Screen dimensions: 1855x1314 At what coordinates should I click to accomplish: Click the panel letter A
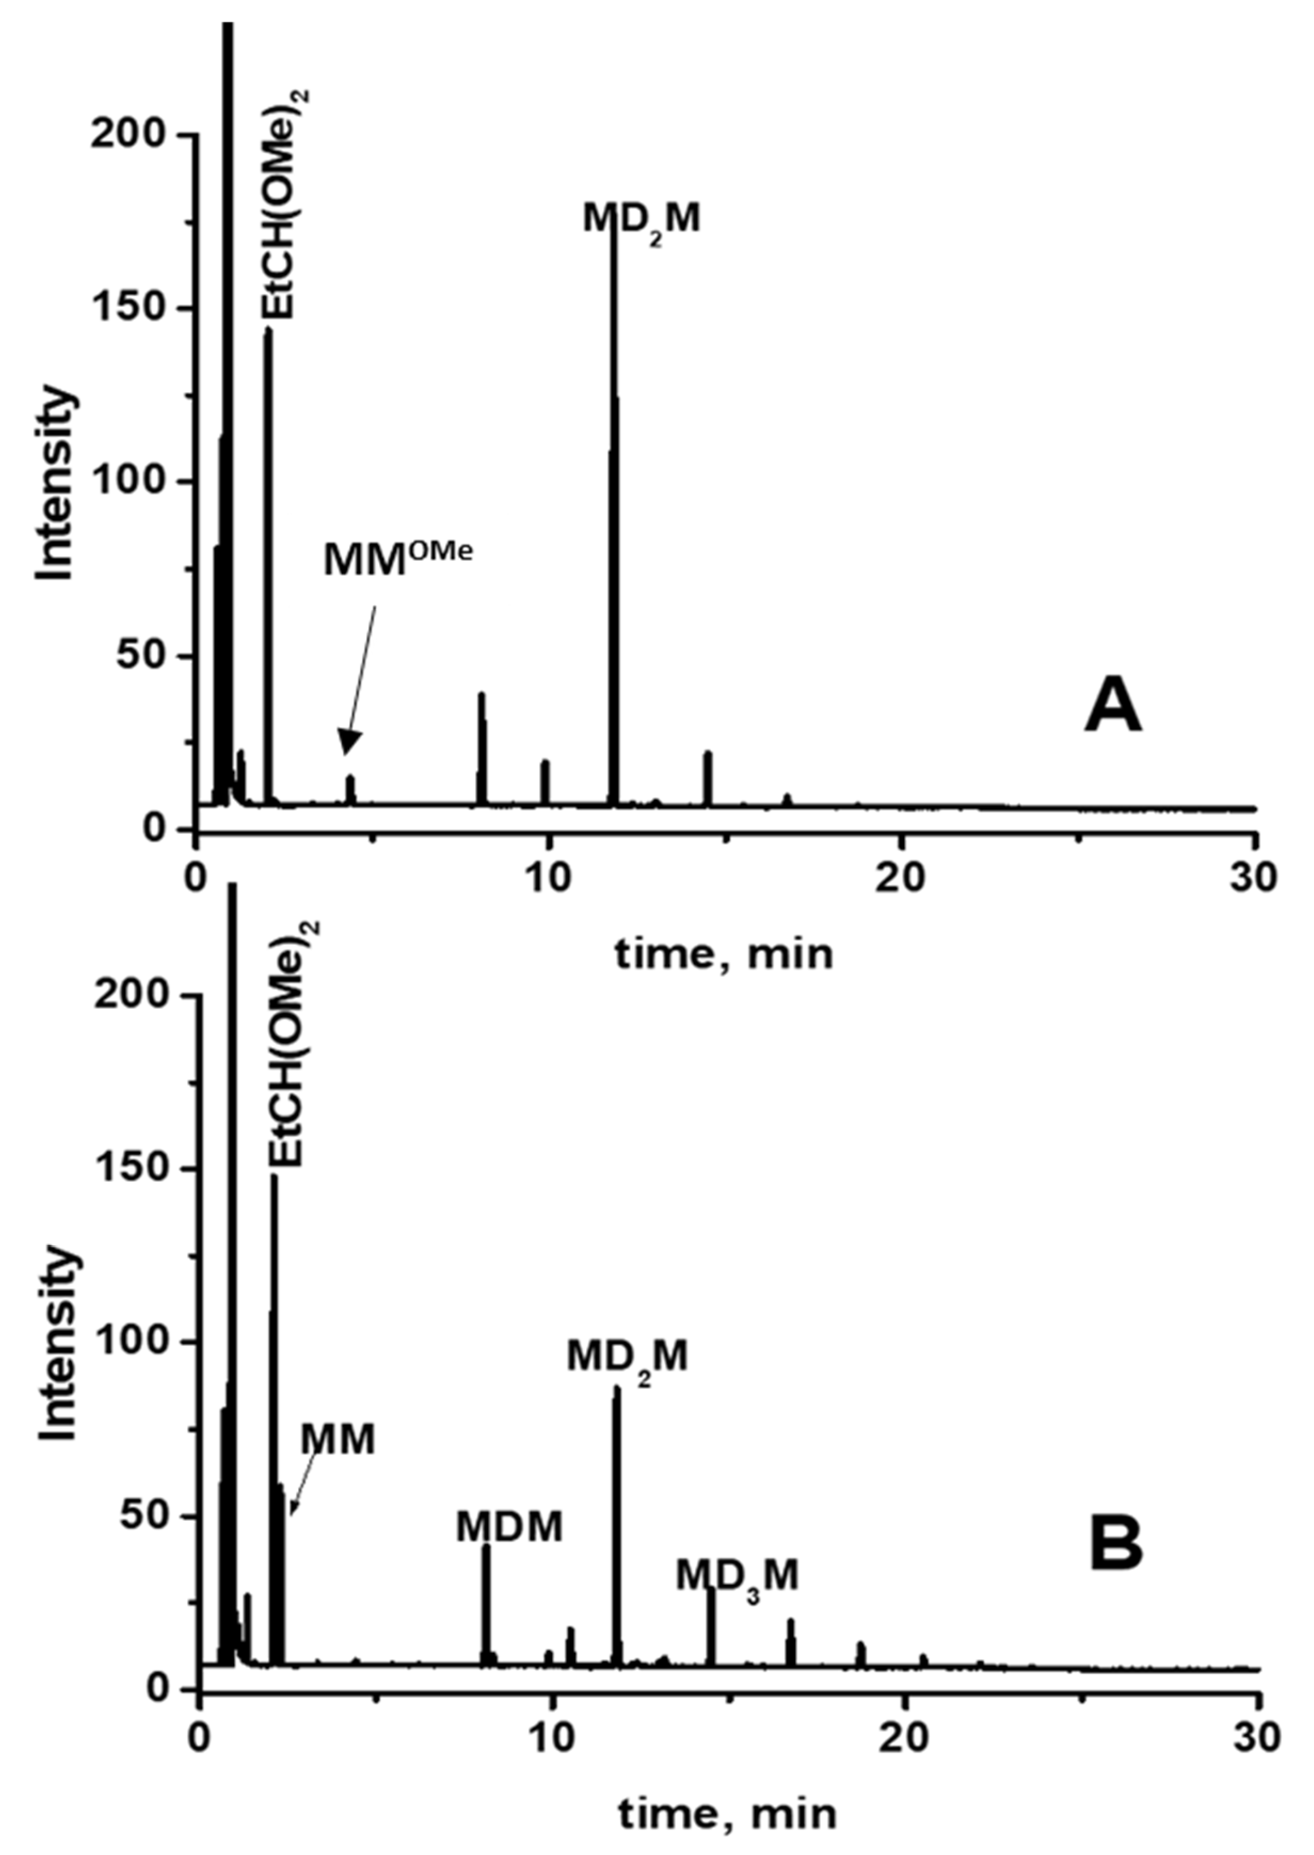[x=1113, y=706]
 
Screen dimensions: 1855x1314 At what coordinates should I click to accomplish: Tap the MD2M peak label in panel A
[x=641, y=220]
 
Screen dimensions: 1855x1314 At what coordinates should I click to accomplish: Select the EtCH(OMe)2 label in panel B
[x=288, y=1043]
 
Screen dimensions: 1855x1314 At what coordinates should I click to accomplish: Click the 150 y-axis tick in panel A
[x=134, y=308]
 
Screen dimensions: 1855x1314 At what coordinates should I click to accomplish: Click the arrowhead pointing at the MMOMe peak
[x=349, y=746]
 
